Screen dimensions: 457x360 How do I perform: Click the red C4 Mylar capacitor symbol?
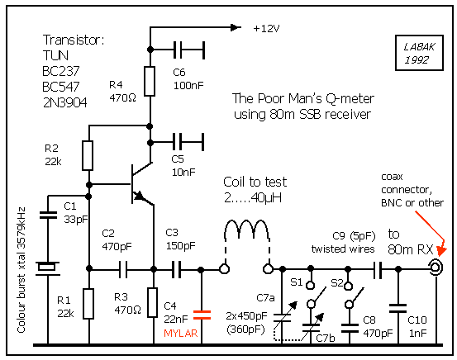coord(202,315)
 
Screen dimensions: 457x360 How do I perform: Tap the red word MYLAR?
coord(181,334)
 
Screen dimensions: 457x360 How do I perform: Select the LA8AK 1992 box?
coord(419,53)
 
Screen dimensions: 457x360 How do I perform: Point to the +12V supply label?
coord(266,29)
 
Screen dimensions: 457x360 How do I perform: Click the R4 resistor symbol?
coord(150,81)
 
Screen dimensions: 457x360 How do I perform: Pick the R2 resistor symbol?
coord(88,155)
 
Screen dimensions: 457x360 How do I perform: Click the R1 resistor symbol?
coord(88,304)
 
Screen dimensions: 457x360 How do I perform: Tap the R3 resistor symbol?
coord(152,302)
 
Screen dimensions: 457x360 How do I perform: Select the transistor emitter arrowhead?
coord(139,196)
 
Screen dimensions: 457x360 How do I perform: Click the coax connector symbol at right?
coord(436,267)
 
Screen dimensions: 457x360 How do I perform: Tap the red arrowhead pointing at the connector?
coord(441,250)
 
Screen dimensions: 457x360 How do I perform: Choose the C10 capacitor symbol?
coord(397,308)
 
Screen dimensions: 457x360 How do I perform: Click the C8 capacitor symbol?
coord(350,328)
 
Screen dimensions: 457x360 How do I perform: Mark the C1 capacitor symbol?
coord(48,216)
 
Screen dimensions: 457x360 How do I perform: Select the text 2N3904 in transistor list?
coord(64,102)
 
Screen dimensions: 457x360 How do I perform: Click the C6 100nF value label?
coord(188,86)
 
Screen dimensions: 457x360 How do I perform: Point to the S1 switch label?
coord(297,282)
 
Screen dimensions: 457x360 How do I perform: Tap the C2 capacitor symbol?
coord(123,269)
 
